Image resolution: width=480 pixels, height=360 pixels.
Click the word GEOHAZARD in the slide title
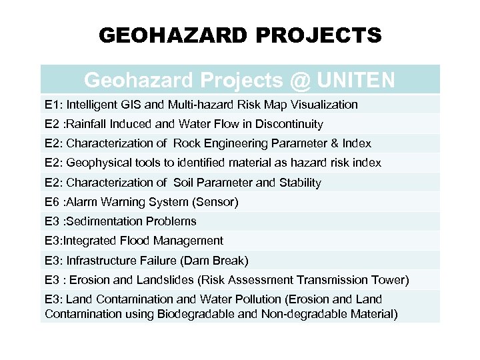(x=173, y=35)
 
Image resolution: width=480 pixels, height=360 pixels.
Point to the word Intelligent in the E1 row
(x=93, y=105)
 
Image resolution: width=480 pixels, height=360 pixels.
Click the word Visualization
(x=322, y=105)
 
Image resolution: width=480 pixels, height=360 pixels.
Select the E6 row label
(x=52, y=202)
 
